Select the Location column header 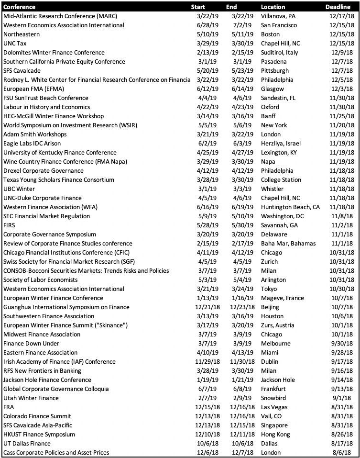click(x=273, y=7)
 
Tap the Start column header click(x=198, y=7)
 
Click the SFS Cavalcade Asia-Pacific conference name click(x=39, y=425)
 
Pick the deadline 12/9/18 click(x=342, y=53)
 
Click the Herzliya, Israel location click(x=281, y=144)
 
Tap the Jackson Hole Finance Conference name click(x=47, y=380)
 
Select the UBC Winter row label click(x=19, y=189)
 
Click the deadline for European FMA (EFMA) click(x=342, y=89)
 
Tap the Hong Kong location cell click(x=275, y=435)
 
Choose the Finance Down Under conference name click(x=32, y=344)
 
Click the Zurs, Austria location click(x=277, y=325)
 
